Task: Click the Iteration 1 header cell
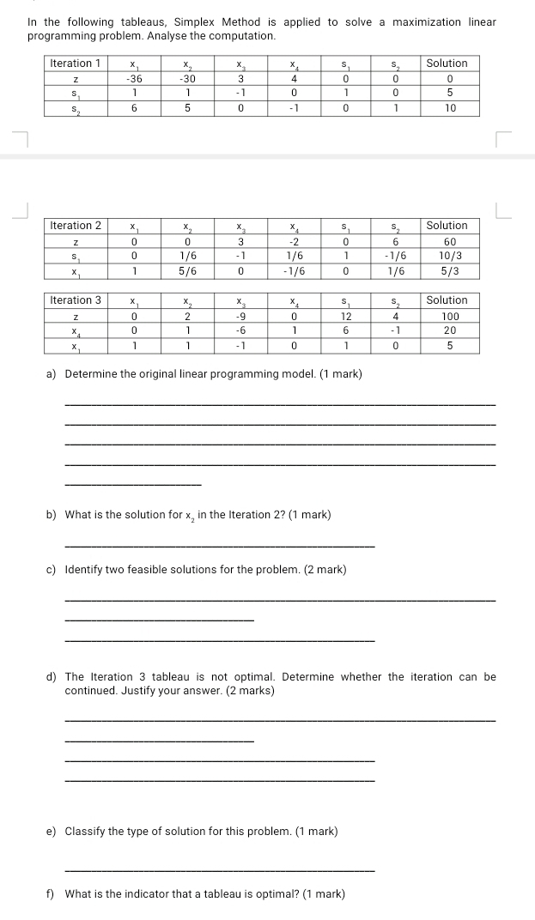[76, 64]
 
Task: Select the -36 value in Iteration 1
[133, 78]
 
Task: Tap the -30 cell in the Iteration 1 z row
[186, 78]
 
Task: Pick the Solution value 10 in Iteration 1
[447, 108]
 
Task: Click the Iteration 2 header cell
[76, 226]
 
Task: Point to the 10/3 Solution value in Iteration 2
[447, 256]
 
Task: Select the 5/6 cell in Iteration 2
[186, 270]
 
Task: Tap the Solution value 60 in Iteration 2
[447, 241]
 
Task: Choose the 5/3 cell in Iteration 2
[447, 270]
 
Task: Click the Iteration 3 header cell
[76, 300]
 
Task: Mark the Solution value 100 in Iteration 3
[447, 316]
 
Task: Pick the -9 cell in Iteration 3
[240, 316]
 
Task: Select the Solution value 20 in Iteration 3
[447, 330]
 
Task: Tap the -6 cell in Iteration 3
[240, 330]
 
